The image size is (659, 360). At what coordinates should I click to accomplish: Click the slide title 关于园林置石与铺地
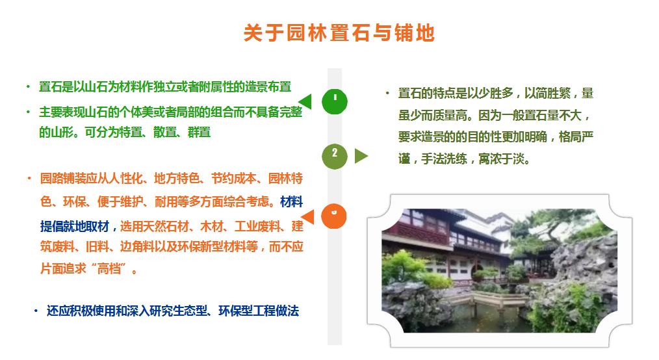tap(339, 32)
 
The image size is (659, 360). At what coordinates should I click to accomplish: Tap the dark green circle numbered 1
tap(335, 101)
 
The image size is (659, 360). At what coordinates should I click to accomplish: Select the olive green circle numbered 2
tap(335, 156)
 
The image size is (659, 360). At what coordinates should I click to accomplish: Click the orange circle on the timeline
tap(333, 216)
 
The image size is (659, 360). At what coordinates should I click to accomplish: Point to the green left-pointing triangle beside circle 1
tap(305, 101)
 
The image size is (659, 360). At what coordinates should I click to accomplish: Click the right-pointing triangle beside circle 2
tap(361, 156)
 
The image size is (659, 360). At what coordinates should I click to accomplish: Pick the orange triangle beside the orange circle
tap(307, 216)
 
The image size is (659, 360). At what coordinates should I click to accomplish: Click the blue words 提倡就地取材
tap(75, 226)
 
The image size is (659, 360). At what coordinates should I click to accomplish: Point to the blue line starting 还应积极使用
tap(173, 311)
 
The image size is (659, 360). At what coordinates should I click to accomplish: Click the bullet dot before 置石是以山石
tap(28, 86)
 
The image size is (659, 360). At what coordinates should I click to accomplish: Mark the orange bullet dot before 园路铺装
tap(29, 178)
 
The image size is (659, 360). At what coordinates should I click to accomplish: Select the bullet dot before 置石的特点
tap(387, 93)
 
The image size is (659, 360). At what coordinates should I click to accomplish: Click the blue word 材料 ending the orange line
tap(291, 201)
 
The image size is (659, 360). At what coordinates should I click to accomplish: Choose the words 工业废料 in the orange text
tap(257, 226)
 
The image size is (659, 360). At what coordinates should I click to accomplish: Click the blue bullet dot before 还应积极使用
tap(36, 311)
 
